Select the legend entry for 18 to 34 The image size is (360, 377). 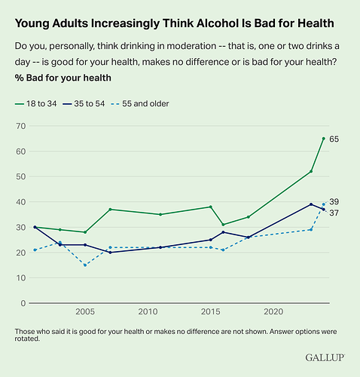coord(41,103)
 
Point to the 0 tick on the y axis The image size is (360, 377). coord(22,303)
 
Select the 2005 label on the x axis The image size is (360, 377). coord(85,311)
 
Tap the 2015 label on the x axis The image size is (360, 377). coord(210,311)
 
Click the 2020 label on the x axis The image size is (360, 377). coord(273,311)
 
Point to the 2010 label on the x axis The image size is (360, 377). coord(148,311)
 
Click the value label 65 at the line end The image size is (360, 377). coord(335,139)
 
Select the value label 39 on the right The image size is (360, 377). coord(335,203)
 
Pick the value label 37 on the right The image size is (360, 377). coord(335,213)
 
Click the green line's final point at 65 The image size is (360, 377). coord(324,139)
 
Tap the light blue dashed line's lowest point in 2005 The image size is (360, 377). coord(85,265)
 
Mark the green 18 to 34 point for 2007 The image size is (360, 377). coord(110,210)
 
